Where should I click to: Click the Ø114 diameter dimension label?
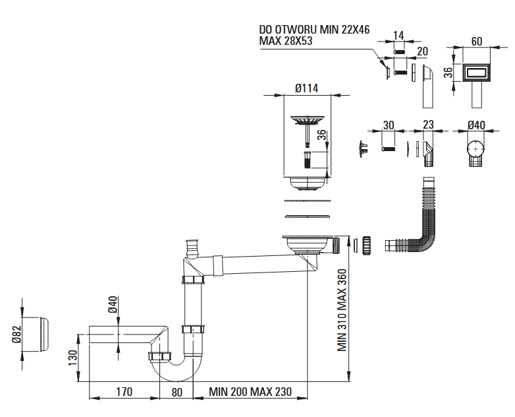click(306, 88)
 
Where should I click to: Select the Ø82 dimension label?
click(16, 335)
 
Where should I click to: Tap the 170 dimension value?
click(124, 392)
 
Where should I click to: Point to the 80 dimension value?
click(176, 393)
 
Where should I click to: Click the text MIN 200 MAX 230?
click(250, 392)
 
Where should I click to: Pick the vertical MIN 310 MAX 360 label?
click(342, 310)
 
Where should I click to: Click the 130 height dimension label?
click(72, 358)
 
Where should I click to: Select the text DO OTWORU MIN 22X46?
click(314, 30)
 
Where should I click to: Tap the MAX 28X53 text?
click(285, 41)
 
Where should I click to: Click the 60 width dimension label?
click(477, 42)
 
